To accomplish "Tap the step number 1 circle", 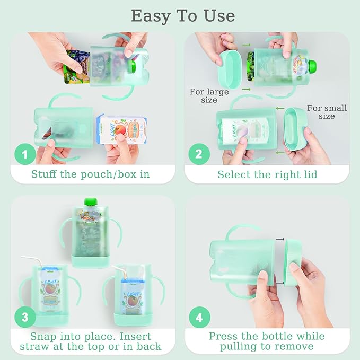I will (x=24, y=155).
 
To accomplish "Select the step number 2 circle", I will (x=199, y=155).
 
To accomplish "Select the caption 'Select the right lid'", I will (x=267, y=174).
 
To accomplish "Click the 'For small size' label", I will (x=327, y=112).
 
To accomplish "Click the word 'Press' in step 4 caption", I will (x=225, y=336).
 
